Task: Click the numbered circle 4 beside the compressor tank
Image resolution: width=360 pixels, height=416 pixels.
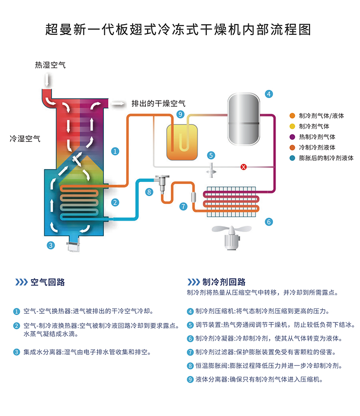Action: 269,94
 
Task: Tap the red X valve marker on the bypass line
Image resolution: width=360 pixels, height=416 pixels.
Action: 243,167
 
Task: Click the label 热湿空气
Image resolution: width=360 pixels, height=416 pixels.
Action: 51,65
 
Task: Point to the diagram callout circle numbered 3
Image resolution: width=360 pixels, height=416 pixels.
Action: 51,245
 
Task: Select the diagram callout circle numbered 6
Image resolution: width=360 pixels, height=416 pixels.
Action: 269,222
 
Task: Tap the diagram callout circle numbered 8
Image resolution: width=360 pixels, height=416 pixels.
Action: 149,192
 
